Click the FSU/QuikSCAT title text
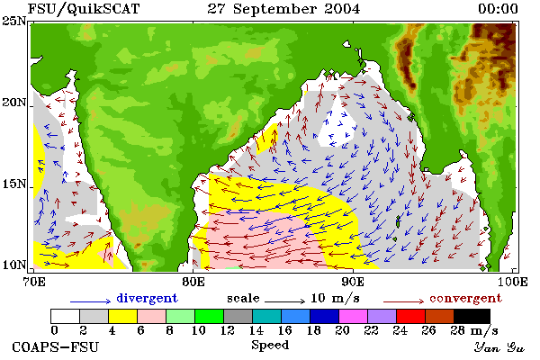tap(84, 9)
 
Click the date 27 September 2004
tap(283, 9)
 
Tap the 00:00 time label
tap(498, 9)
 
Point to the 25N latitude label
tap(14, 22)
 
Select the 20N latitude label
tap(14, 103)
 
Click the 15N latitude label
tap(14, 184)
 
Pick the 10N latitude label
tap(14, 265)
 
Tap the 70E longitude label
tap(34, 282)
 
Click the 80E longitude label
tap(193, 282)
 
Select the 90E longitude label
tap(353, 282)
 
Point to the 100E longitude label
tap(512, 282)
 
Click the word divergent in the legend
tap(147, 298)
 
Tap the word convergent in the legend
tap(465, 298)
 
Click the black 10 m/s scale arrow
tap(284, 301)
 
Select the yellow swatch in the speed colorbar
tap(123, 316)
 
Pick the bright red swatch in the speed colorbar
tap(411, 316)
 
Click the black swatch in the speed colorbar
tap(472, 316)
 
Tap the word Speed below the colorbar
tap(270, 346)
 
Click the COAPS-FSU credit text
tap(56, 347)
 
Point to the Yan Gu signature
tap(499, 347)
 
